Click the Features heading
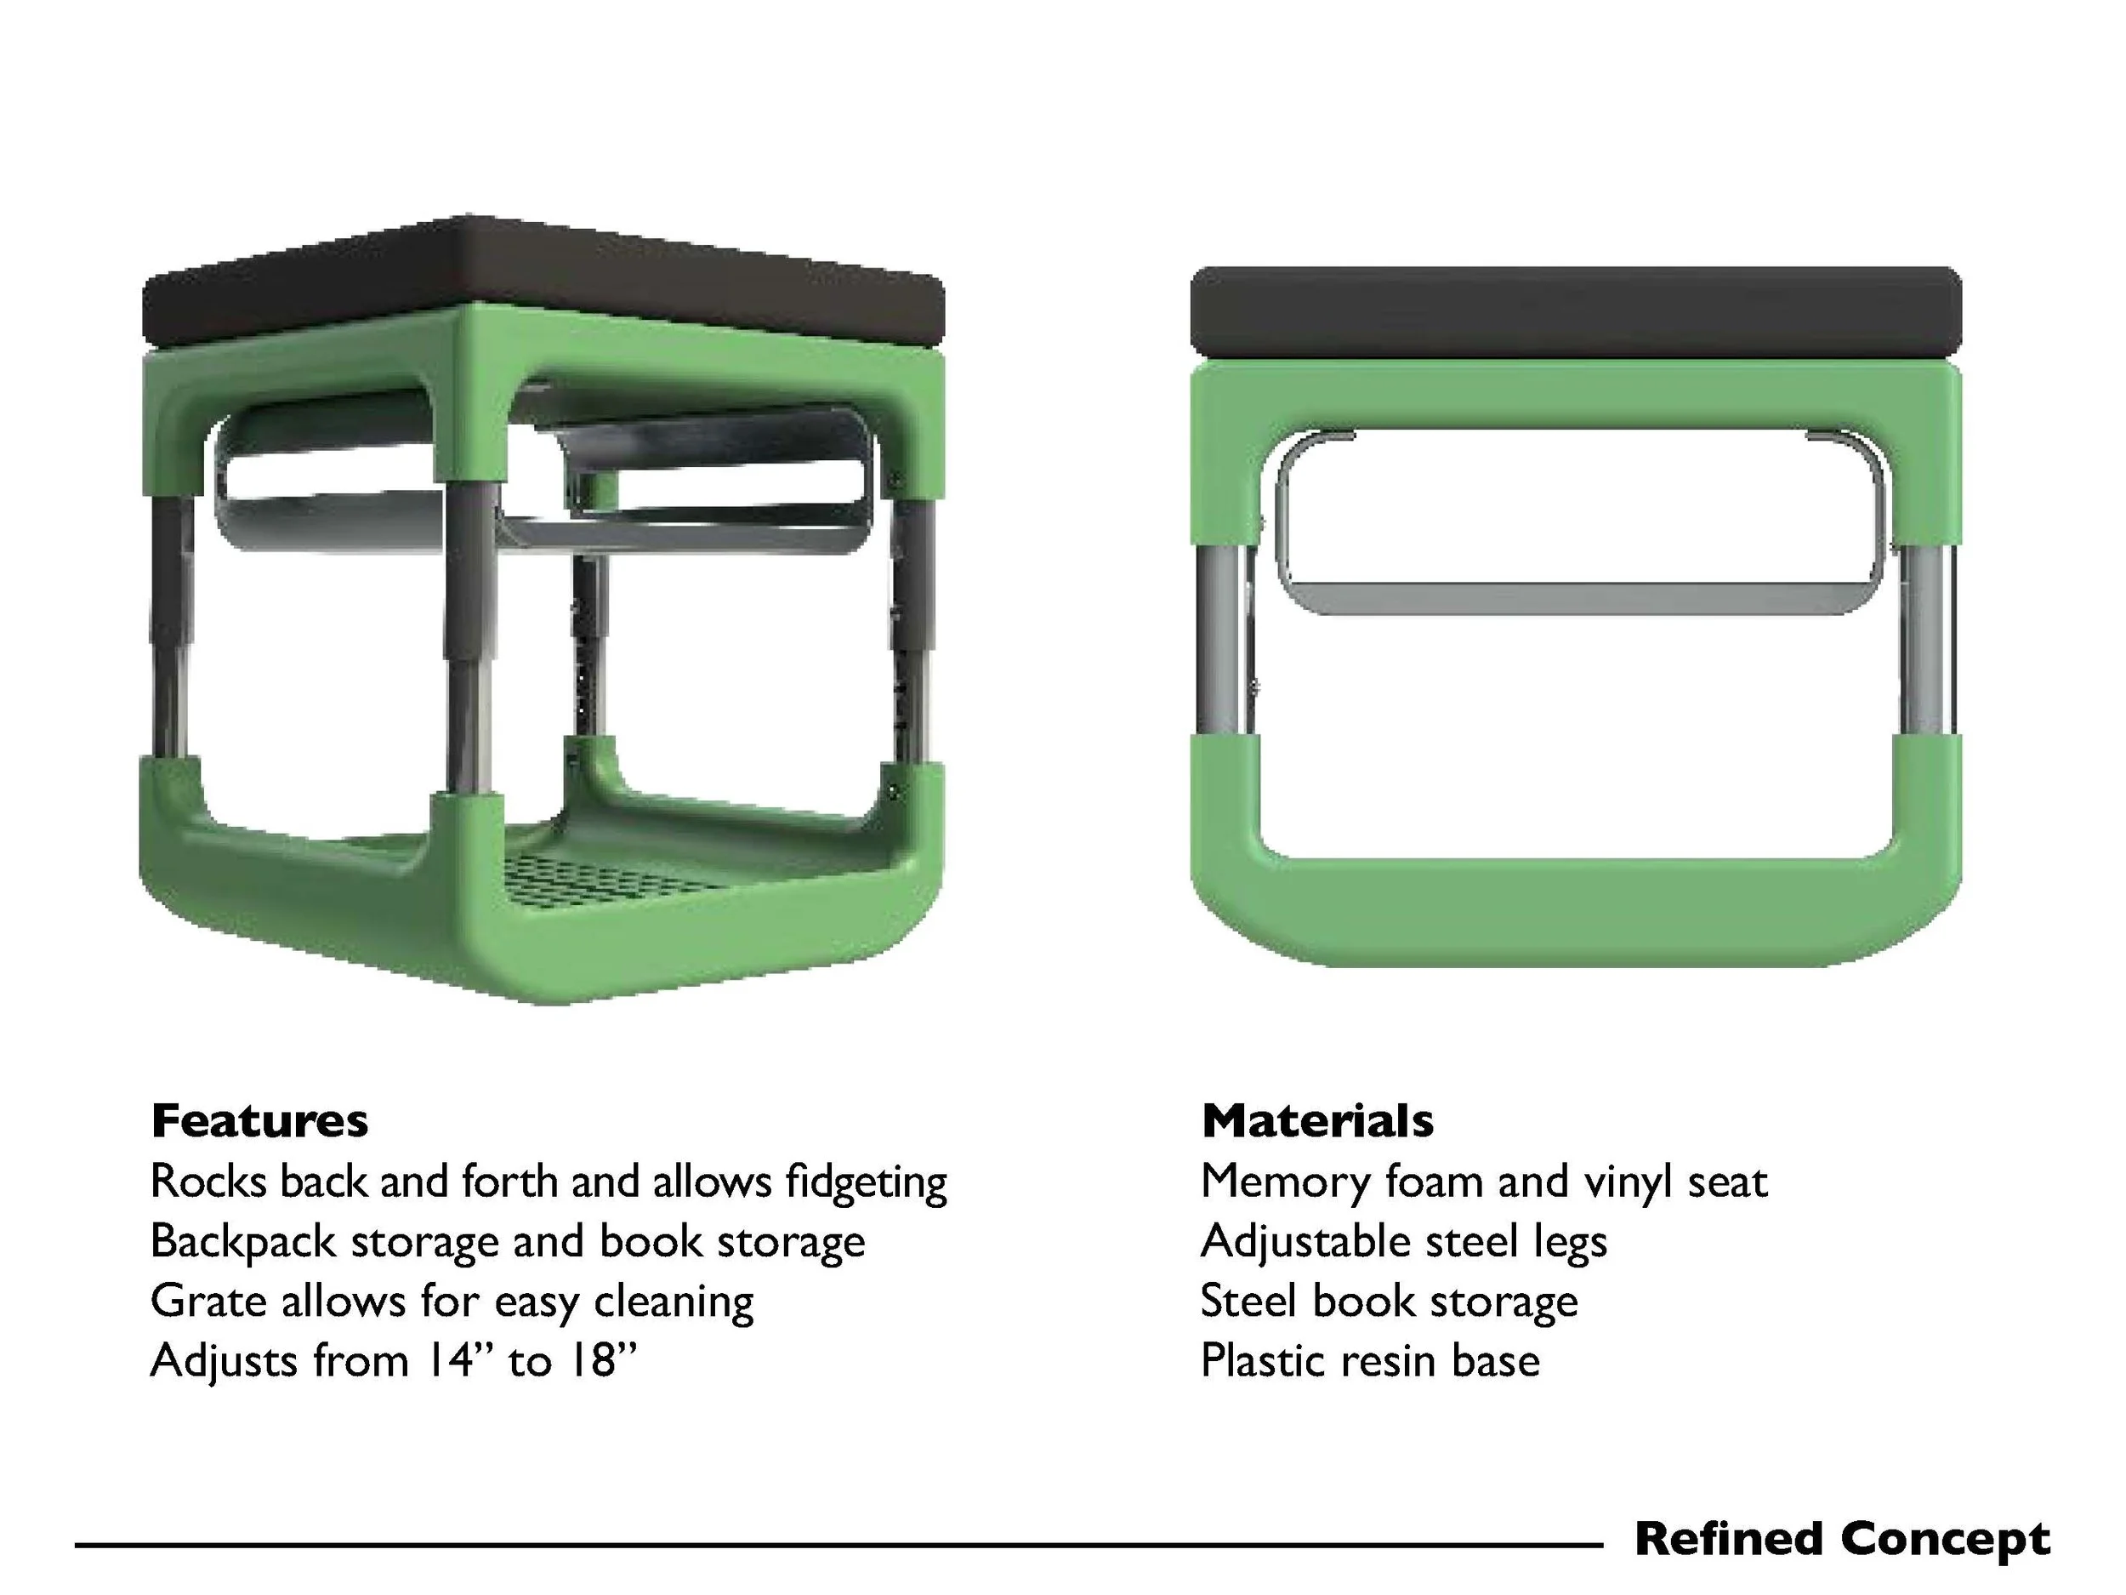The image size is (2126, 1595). [x=259, y=1121]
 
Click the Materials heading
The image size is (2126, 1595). [x=1316, y=1121]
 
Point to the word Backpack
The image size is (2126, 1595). [x=243, y=1241]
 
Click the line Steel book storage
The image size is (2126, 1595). [x=1389, y=1302]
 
